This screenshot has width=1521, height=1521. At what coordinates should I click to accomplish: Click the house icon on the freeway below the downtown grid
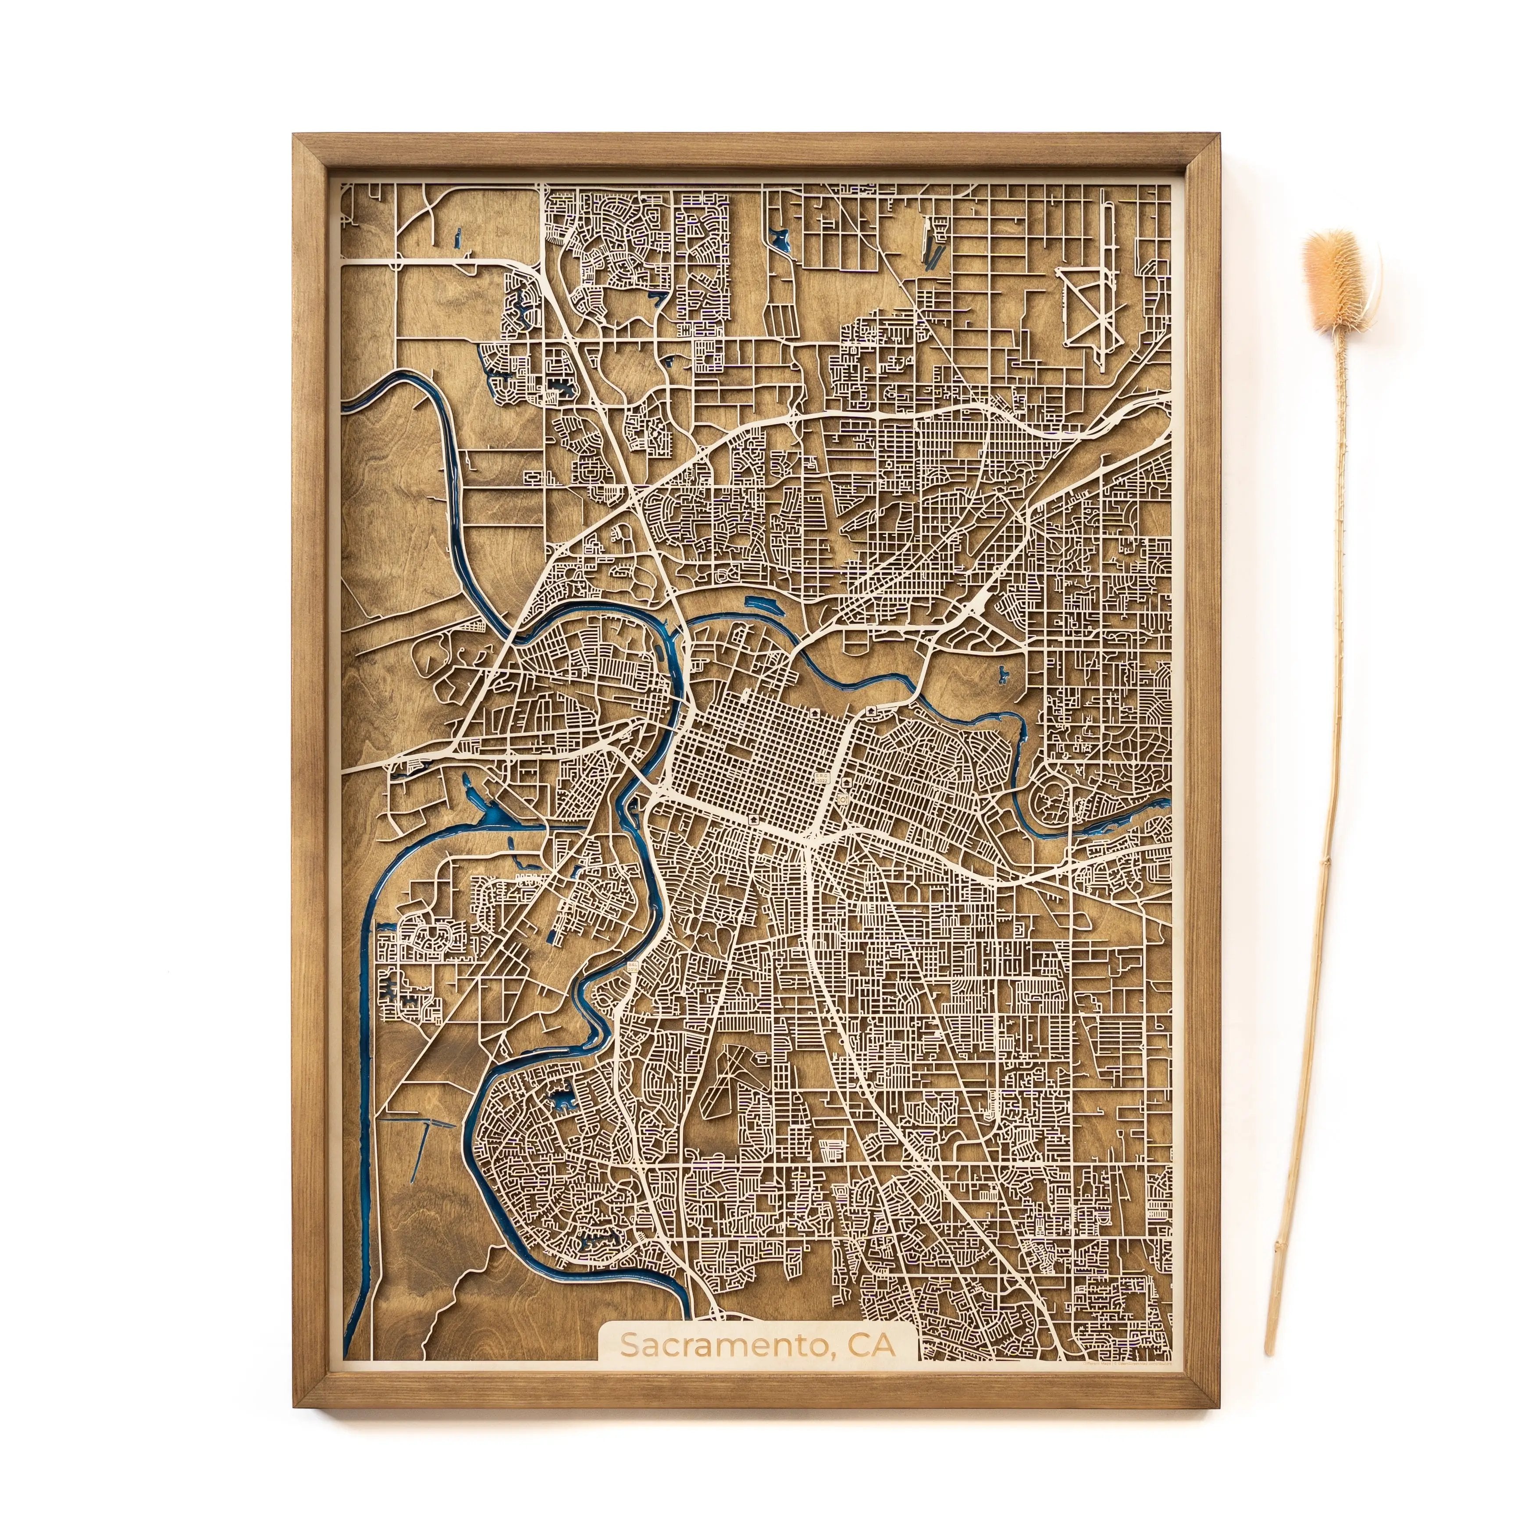tap(754, 819)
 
